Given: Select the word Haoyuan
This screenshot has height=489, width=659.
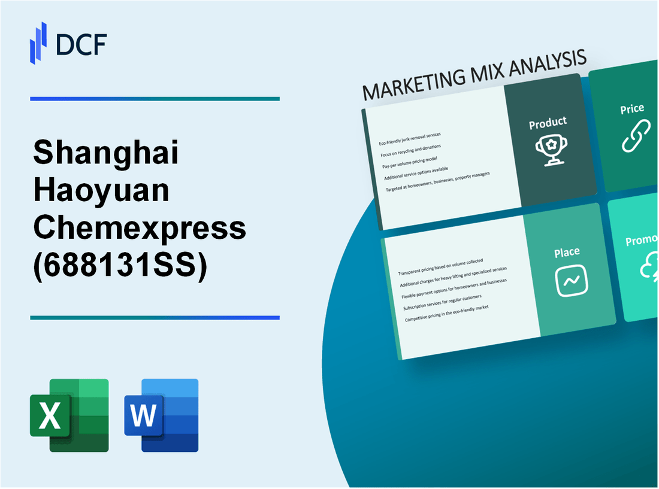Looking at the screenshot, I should [101, 192].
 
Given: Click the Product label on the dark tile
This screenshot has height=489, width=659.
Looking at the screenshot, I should [548, 123].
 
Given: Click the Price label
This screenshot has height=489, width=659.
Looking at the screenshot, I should [632, 109].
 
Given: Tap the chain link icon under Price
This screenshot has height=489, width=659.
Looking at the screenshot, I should [634, 136].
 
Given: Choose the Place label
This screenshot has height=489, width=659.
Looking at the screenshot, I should [567, 253].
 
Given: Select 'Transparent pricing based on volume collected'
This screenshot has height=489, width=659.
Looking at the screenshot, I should [443, 268].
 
